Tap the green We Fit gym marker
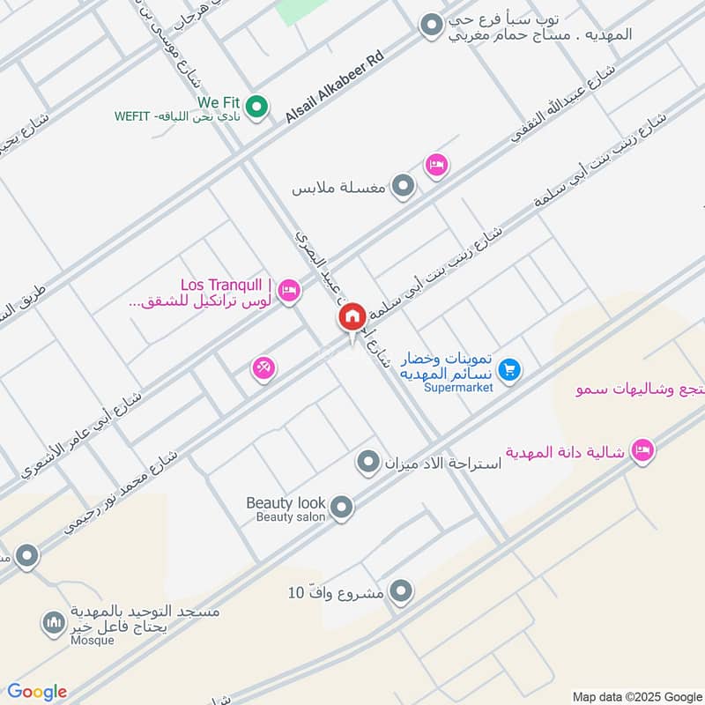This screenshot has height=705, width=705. pos(256,108)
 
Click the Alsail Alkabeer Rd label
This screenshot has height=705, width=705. pos(336,85)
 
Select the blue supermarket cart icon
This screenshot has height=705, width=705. pos(508,371)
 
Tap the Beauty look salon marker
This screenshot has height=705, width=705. pos(341,507)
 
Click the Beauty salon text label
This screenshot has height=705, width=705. pos(291,517)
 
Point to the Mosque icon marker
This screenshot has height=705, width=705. pos(53,624)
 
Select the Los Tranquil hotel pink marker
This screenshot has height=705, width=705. pos(289,289)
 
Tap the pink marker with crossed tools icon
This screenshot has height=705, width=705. pos(263,367)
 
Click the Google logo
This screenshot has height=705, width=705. pos(37,692)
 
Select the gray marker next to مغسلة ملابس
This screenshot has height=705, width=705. pos(403,186)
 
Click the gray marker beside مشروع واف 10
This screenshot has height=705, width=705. pos(401,591)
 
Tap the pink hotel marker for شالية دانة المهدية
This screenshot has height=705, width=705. pos(644,449)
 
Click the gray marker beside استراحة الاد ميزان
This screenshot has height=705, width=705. pos(367,461)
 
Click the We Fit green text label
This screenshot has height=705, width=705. pos(219,103)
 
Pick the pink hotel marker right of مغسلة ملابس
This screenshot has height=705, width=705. pos(436,165)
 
